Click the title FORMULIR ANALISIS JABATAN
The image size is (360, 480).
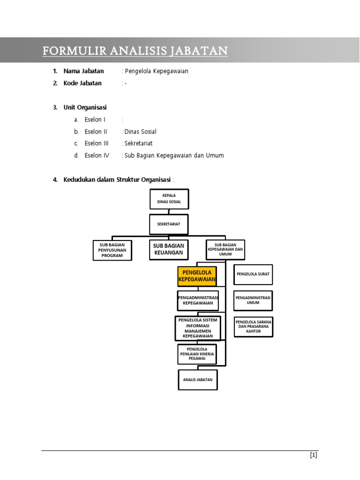coord(135,51)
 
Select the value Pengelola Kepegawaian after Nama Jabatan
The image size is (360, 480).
coord(157,71)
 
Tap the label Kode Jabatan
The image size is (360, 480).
coord(82,83)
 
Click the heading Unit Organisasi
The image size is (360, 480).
coord(85,107)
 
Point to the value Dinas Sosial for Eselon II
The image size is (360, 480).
coord(140,132)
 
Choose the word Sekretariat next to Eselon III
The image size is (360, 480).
coord(138,143)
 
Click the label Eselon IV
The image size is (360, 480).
coord(97,156)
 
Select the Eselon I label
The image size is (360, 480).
coord(95,120)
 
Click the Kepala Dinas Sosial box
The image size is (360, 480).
coord(169,199)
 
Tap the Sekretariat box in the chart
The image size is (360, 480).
coord(169,224)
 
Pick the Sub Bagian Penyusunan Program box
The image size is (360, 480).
coord(112,250)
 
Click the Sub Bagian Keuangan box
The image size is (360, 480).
coord(169,249)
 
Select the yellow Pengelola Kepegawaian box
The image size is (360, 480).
coord(197,276)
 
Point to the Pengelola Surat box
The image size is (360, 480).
coord(253,274)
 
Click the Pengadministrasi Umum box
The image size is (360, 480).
coord(253,300)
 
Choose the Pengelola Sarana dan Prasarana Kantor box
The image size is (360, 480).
coord(254,327)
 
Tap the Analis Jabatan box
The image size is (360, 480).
coord(198,380)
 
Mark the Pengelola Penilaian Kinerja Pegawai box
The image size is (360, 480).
coord(197,354)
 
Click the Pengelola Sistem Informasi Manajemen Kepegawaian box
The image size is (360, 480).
coord(198,328)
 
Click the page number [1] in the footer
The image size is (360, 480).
coord(314,455)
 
